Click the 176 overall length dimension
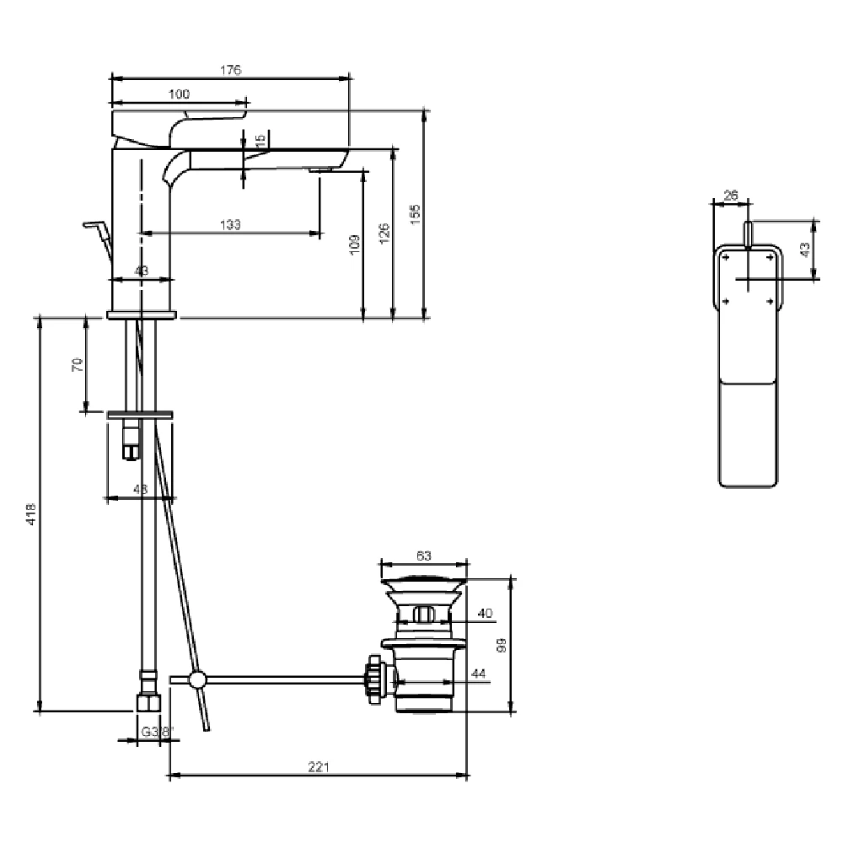[x=231, y=70]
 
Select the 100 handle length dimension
[x=179, y=94]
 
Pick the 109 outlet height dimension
[x=354, y=244]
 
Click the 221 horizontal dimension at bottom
[x=318, y=767]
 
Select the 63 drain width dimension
[x=423, y=556]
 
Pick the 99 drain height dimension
[x=502, y=646]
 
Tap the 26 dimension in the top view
[x=731, y=196]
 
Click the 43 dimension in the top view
[x=805, y=249]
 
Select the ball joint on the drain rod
[x=196, y=679]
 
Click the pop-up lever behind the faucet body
[x=98, y=234]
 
